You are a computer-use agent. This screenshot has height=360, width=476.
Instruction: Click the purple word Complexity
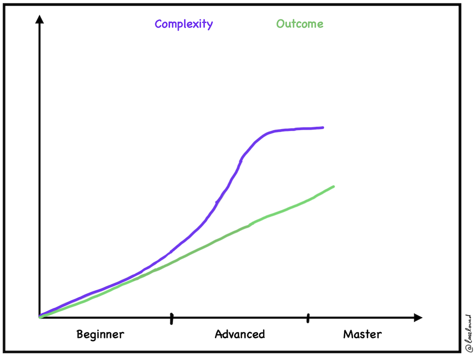click(184, 24)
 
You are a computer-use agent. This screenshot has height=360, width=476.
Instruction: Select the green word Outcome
click(299, 24)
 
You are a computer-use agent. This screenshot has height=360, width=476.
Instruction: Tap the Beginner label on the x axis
click(100, 334)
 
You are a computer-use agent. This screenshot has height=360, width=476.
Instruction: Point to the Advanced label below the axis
click(239, 334)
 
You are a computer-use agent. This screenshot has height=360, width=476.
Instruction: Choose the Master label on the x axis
click(362, 334)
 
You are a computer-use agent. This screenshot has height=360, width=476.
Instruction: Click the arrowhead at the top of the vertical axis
click(40, 19)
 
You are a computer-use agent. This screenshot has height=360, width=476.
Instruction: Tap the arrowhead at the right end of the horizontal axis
click(418, 317)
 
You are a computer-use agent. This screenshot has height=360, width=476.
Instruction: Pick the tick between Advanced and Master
click(308, 318)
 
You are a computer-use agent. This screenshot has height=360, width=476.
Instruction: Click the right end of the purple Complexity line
click(323, 127)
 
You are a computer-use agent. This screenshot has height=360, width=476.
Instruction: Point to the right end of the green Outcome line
click(333, 186)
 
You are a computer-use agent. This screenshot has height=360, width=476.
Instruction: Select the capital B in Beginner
click(80, 334)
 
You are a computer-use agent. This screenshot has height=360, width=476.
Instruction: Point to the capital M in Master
click(347, 334)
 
